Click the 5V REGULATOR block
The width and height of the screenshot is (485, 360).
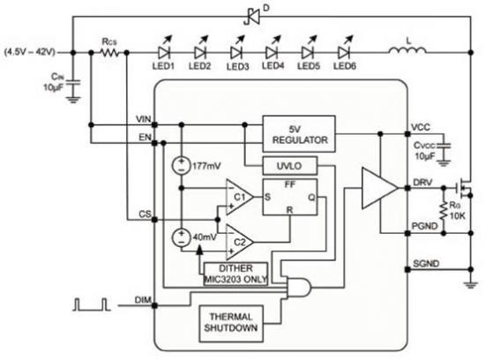pyautogui.click(x=299, y=134)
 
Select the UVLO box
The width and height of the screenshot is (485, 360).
pyautogui.click(x=290, y=166)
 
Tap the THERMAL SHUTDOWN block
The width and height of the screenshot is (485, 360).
pyautogui.click(x=231, y=324)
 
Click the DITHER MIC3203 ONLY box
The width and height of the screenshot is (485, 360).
pyautogui.click(x=235, y=274)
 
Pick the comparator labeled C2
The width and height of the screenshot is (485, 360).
pyautogui.click(x=240, y=242)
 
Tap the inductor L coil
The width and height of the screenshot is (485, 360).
pyautogui.click(x=407, y=50)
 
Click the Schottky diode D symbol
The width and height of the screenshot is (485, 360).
pyautogui.click(x=252, y=17)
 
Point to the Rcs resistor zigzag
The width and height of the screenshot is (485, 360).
pyautogui.click(x=109, y=53)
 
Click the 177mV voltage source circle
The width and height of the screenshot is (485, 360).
pyautogui.click(x=182, y=166)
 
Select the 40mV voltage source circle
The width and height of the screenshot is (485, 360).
pyautogui.click(x=182, y=237)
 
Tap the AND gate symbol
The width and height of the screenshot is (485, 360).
pyautogui.click(x=298, y=287)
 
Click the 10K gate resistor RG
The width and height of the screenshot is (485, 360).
pyautogui.click(x=444, y=211)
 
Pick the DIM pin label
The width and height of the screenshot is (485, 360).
pyautogui.click(x=143, y=300)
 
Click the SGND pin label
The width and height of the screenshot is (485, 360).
pyautogui.click(x=426, y=264)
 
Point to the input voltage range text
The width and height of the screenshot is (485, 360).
pyautogui.click(x=30, y=52)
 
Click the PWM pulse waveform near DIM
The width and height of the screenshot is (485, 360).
pyautogui.click(x=92, y=304)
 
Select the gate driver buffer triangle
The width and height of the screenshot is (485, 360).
pyautogui.click(x=379, y=188)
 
